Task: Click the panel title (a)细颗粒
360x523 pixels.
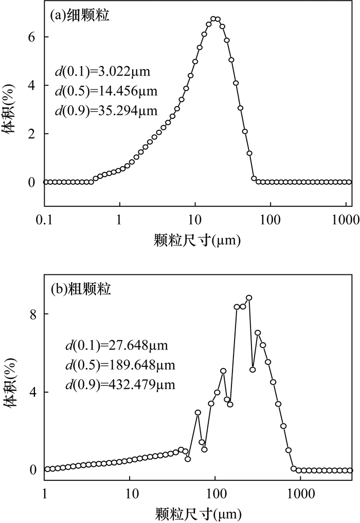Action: [80, 15]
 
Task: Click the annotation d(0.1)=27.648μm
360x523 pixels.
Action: [111, 345]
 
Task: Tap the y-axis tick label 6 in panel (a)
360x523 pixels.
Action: [31, 37]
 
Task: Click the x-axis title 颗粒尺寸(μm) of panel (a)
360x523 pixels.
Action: [197, 239]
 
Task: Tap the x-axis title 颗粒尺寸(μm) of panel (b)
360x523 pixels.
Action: [197, 513]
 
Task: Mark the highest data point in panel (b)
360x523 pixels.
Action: [249, 298]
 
